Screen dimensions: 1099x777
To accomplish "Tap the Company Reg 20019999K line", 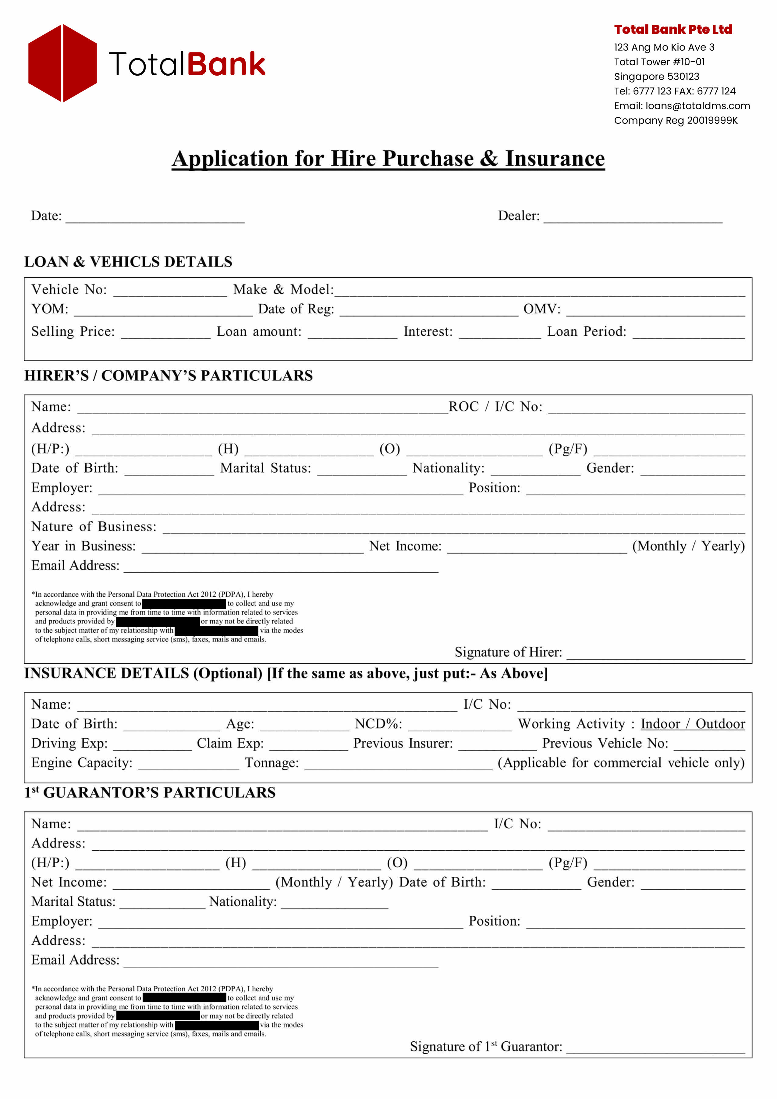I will [x=676, y=121].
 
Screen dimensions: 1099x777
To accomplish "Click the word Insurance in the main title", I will [x=555, y=159].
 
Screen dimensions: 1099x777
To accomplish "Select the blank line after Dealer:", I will [x=633, y=218].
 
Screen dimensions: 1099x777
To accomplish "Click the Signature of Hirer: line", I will [x=655, y=654].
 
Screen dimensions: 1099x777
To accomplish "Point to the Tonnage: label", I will [x=272, y=763].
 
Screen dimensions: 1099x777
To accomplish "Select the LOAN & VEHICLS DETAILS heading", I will [x=128, y=262].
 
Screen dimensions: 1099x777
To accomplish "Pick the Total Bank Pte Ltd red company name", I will [x=673, y=30].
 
